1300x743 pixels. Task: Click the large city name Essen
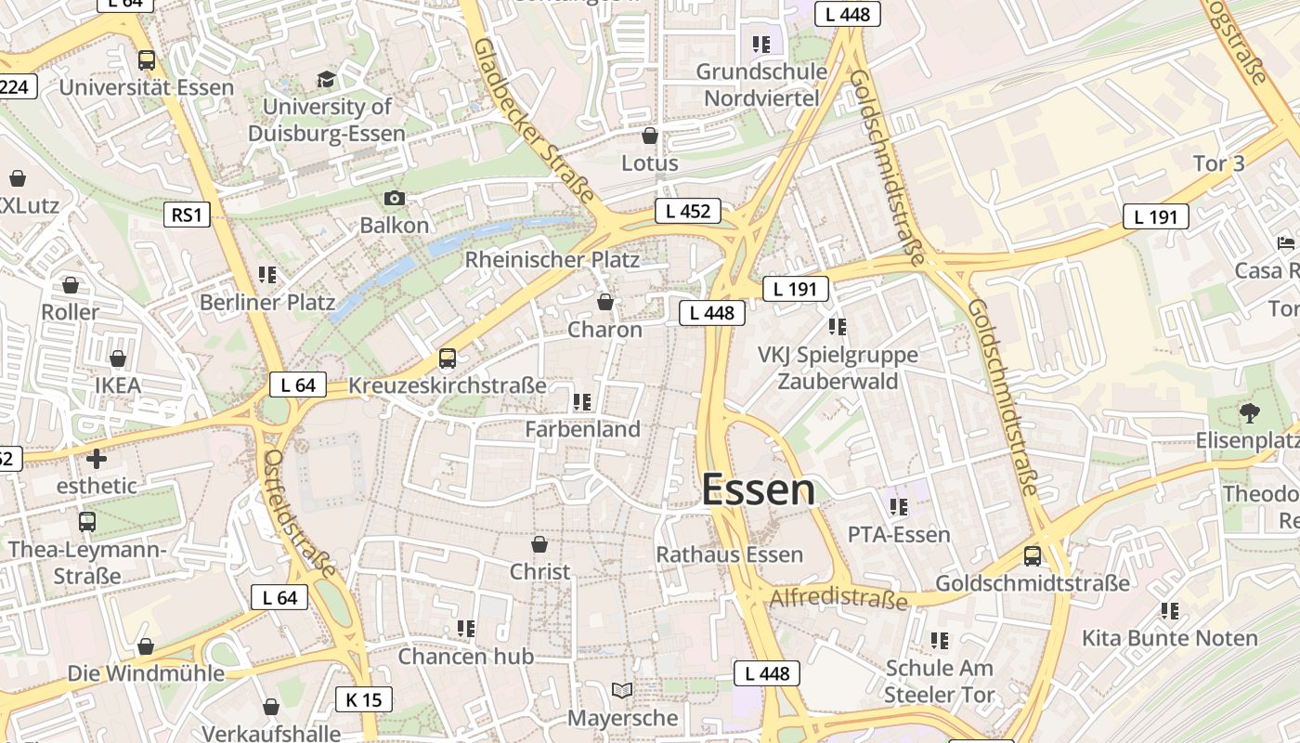point(759,489)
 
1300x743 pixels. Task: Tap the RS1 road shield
point(186,215)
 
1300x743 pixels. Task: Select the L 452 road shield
point(688,211)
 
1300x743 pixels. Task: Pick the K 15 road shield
point(363,699)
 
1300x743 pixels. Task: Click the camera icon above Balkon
point(395,198)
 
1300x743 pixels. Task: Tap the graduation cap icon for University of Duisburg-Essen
point(326,79)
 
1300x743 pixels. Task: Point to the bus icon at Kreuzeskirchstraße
point(448,358)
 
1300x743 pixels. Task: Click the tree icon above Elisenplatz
point(1250,412)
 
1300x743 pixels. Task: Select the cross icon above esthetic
point(97,458)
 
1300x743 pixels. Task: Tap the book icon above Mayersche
point(622,691)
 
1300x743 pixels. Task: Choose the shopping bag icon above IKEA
point(118,358)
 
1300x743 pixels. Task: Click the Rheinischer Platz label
point(552,259)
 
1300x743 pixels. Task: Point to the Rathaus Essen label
point(730,554)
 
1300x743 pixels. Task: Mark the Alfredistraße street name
point(838,597)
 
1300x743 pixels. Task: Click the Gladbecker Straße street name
point(533,120)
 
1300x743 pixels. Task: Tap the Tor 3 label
point(1218,163)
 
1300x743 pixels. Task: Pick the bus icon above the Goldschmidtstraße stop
point(1033,556)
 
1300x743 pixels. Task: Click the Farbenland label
point(583,429)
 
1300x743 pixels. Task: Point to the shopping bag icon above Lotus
point(650,136)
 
